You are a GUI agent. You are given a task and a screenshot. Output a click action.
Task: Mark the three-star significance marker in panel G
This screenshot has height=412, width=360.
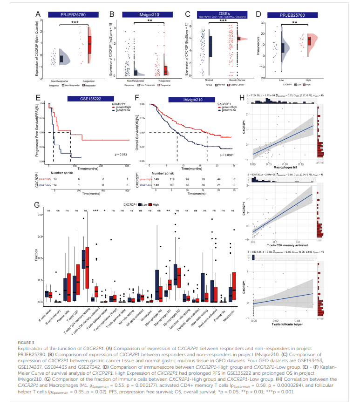click(x=96, y=211)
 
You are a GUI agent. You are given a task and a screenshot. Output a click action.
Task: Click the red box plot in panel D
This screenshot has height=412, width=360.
click(x=308, y=41)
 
